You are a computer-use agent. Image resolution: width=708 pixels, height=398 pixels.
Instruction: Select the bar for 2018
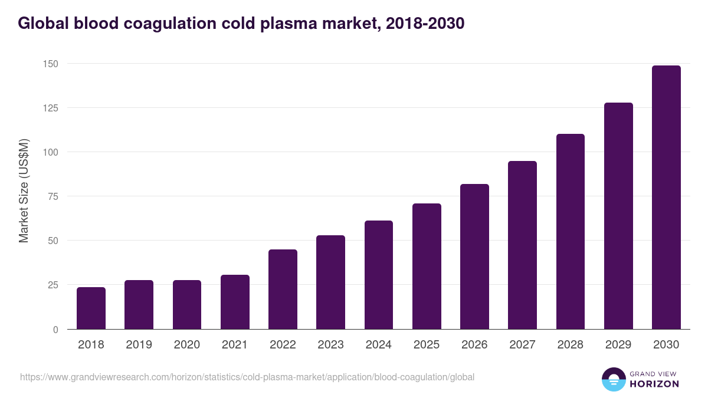[x=91, y=308]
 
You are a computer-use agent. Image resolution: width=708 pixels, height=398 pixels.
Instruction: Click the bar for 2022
[x=283, y=290]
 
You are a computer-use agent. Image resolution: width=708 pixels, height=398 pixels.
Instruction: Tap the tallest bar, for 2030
[x=666, y=198]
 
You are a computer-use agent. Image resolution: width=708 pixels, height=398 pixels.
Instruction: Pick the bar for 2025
[x=427, y=267]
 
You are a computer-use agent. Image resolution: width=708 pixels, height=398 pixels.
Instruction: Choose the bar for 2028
[x=571, y=232]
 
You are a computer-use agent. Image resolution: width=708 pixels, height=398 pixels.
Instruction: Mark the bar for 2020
[x=187, y=305]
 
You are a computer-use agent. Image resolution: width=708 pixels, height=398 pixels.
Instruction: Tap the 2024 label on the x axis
[x=379, y=345]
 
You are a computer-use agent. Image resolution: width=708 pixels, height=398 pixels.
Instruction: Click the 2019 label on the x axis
[x=139, y=345]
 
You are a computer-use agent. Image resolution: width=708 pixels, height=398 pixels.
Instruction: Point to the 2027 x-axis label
[x=522, y=345]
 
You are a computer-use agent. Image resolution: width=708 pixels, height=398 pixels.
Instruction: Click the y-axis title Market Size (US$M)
[x=24, y=190]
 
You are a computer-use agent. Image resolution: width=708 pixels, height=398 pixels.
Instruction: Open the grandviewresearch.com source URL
[x=247, y=377]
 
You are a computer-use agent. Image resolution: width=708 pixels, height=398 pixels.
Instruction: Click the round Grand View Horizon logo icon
[x=613, y=379]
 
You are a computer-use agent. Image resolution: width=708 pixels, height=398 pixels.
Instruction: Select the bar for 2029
[x=618, y=216]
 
